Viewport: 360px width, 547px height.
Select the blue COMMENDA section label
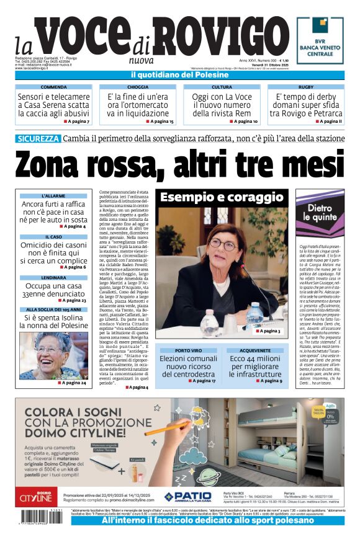(54, 87)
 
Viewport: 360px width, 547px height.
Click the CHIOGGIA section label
(138, 87)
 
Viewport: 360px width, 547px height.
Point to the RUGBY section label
(306, 87)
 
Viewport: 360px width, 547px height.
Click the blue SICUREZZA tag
(38, 138)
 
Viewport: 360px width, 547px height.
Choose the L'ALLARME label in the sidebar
(53, 196)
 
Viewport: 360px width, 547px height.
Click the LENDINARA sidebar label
(53, 278)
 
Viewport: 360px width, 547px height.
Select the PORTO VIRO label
(188, 350)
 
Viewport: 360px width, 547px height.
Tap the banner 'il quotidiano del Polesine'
(179, 75)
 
